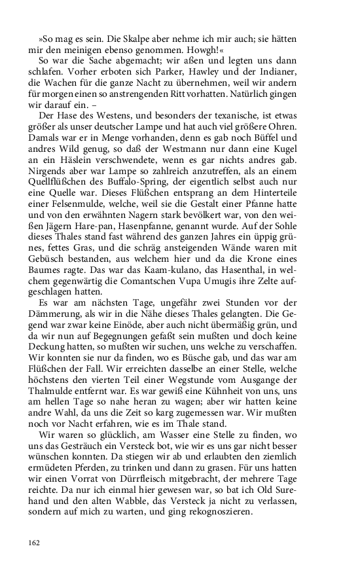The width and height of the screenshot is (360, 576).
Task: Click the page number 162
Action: tap(34, 543)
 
